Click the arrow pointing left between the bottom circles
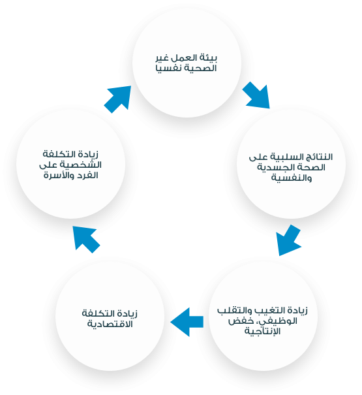[x=187, y=322]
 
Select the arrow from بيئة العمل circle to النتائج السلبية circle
[x=257, y=96]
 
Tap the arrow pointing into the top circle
[x=118, y=99]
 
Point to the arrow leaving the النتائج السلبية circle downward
[x=288, y=240]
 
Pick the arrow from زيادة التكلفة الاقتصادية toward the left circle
[x=85, y=239]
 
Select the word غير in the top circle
[x=162, y=58]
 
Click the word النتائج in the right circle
[x=319, y=157]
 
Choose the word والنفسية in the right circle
[x=292, y=178]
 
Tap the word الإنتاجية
[x=263, y=331]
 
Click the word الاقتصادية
[x=110, y=324]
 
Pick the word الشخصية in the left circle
[x=84, y=165]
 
